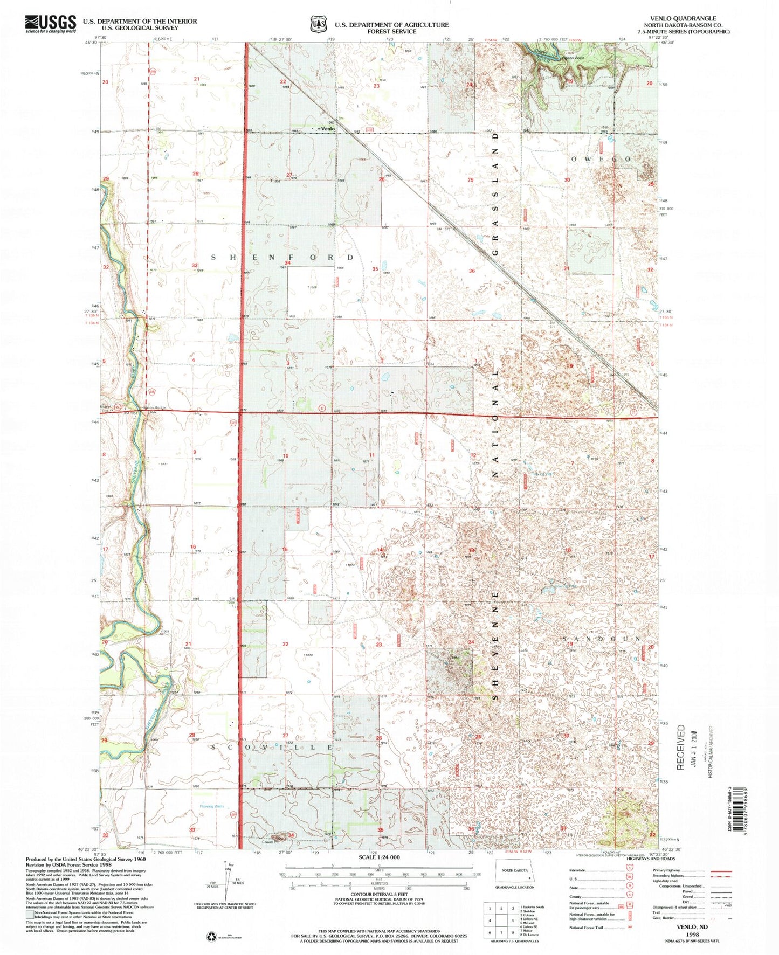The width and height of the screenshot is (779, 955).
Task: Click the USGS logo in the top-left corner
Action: pyautogui.click(x=50, y=24)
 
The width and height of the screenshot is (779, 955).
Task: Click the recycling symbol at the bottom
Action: pyautogui.click(x=210, y=938)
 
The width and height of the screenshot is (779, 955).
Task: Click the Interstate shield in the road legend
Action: pyautogui.click(x=630, y=870)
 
